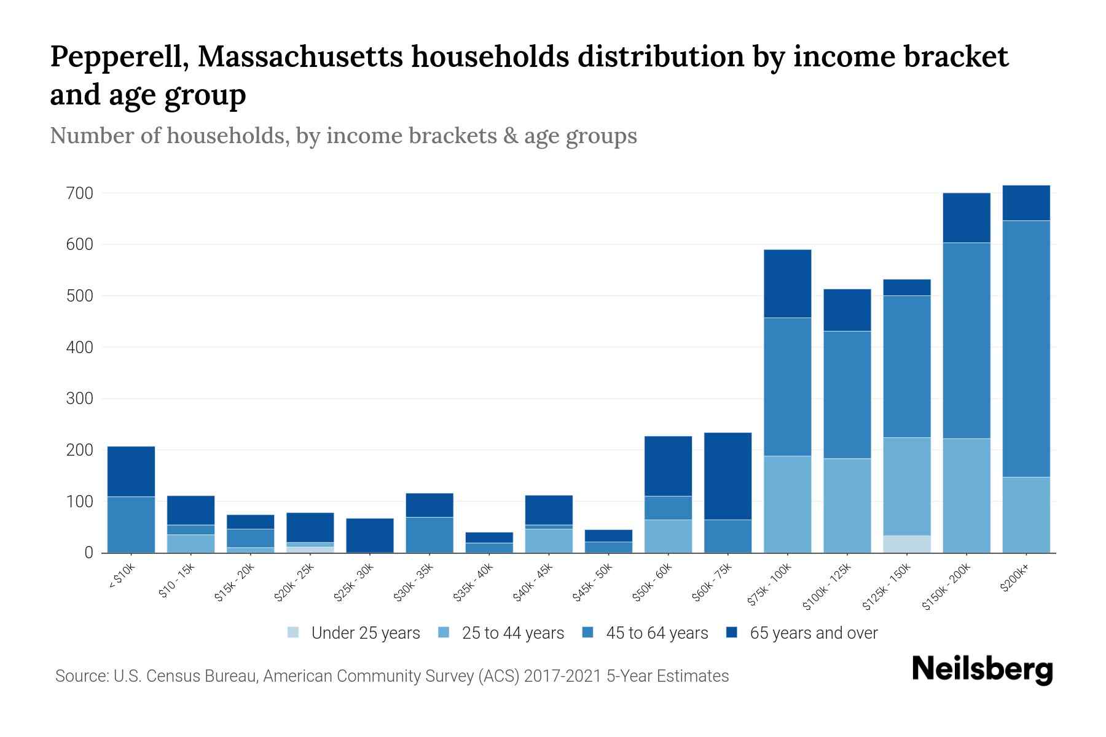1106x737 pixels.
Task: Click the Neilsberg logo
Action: click(x=982, y=669)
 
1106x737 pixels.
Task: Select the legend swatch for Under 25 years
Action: click(x=294, y=633)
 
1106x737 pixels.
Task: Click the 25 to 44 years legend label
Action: click(x=512, y=633)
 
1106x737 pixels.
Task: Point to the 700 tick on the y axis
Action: click(x=80, y=193)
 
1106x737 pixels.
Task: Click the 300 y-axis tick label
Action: click(x=80, y=399)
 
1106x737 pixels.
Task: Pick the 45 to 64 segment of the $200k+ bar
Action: click(x=1026, y=348)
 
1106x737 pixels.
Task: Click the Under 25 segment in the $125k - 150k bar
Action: click(x=906, y=544)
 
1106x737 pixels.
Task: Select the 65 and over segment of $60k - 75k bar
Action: click(x=728, y=476)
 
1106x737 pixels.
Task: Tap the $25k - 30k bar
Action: click(x=369, y=536)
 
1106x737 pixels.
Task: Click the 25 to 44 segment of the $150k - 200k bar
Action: click(x=966, y=495)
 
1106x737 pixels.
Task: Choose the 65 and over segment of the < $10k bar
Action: click(x=131, y=471)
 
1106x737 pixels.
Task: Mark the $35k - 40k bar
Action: click(x=488, y=542)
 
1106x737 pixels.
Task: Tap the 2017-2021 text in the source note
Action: click(x=563, y=676)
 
